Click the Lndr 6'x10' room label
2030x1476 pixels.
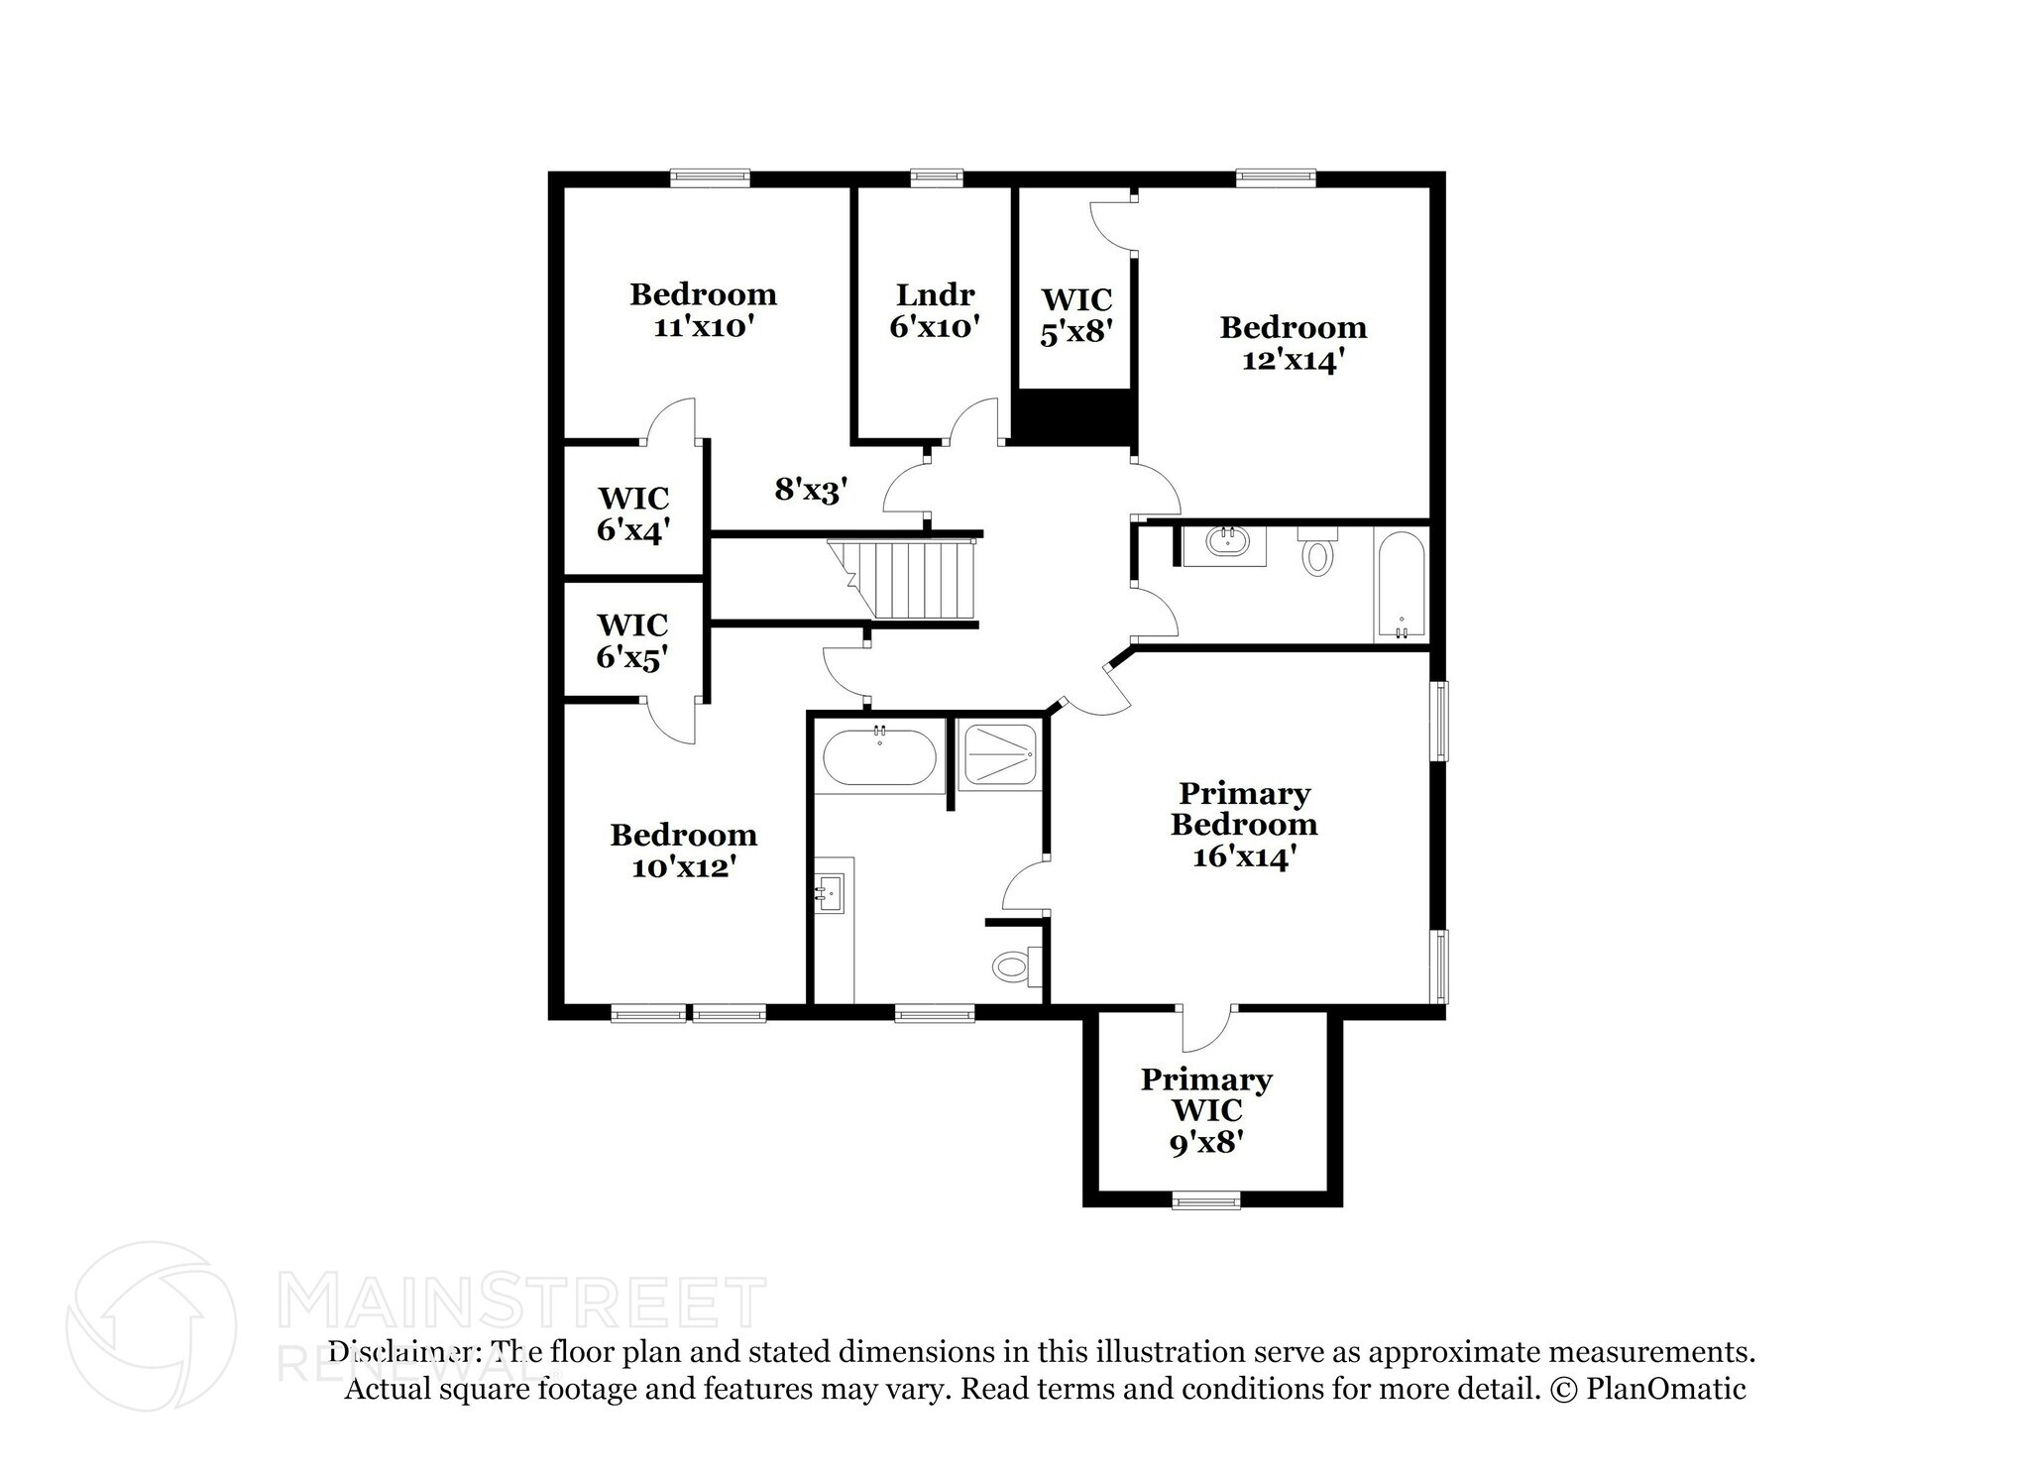(935, 310)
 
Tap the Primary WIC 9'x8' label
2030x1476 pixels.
(1206, 1110)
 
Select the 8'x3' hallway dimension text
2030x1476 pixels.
(811, 489)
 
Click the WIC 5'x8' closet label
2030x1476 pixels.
(1076, 315)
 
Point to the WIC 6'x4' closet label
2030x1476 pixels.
(632, 513)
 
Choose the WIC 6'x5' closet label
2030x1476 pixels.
(632, 640)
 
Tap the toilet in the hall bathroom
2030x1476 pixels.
(1317, 552)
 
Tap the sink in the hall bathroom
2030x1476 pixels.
(1225, 543)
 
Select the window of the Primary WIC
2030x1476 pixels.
(1206, 1200)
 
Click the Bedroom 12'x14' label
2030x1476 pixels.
(1293, 343)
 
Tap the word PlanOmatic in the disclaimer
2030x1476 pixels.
(1666, 1389)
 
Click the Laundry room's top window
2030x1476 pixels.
(936, 177)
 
